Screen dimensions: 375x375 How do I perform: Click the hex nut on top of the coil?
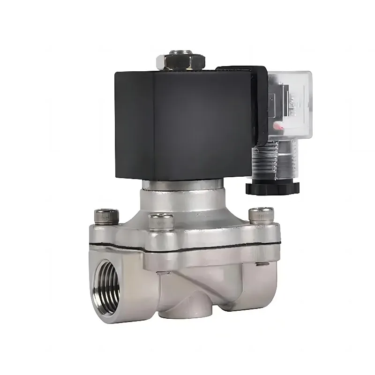point(181,60)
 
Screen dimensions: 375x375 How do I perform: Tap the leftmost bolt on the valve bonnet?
point(103,216)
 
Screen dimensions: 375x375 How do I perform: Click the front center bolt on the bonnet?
point(161,221)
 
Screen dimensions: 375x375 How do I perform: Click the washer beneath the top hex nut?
point(181,68)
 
